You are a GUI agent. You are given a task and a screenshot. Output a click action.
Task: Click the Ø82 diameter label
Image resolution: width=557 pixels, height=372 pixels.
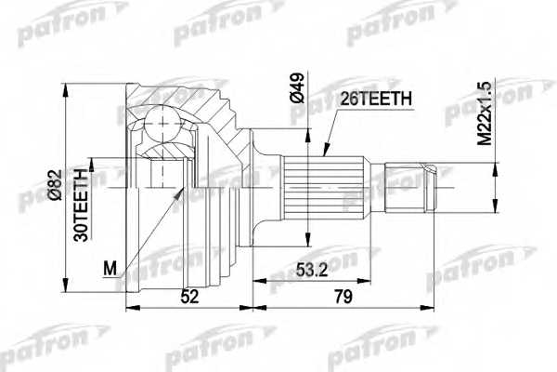[x=56, y=185]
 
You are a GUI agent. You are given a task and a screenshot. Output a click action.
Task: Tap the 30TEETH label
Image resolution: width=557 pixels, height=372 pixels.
[x=81, y=205]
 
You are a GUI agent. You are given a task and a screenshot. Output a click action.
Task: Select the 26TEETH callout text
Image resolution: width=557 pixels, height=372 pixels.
[x=376, y=99]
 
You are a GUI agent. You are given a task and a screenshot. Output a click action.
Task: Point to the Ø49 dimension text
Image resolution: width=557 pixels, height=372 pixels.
[x=297, y=88]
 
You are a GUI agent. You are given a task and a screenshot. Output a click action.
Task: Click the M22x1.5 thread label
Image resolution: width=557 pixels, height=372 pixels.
[x=485, y=113]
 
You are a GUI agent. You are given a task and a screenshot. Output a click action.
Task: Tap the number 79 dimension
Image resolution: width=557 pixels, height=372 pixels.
[x=343, y=297]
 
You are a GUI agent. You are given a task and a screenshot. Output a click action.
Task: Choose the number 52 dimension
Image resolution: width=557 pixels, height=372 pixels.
[x=189, y=297]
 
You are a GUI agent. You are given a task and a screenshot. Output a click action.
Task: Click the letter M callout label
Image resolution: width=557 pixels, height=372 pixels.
[x=110, y=268]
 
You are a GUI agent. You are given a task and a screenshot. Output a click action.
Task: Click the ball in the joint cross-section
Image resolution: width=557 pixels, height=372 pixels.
[x=162, y=124]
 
